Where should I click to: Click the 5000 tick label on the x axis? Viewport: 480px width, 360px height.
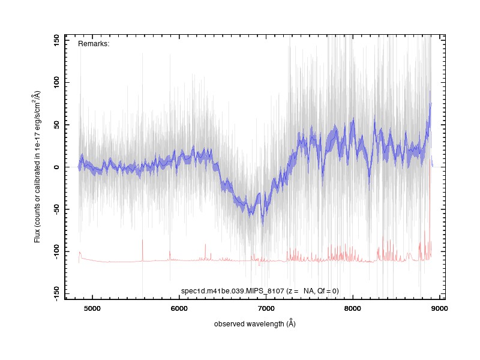coord(92,308)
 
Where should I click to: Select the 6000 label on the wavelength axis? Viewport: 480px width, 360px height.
coord(179,308)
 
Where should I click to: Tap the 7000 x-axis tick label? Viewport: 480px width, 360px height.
coord(266,308)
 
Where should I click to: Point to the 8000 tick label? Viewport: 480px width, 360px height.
coord(353,308)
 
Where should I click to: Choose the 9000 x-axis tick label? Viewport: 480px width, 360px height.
coord(440,308)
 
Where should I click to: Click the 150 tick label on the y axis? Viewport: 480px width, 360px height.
coord(56,40)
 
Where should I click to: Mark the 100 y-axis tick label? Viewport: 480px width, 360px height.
coord(56,82)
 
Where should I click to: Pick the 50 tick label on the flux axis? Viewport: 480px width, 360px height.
coord(56,125)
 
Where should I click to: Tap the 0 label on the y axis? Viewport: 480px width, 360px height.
coord(56,167)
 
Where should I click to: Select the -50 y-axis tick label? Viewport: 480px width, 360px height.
coord(56,209)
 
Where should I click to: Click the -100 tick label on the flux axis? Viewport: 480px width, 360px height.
coord(56,251)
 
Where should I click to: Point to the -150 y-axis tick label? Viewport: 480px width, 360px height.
coord(56,293)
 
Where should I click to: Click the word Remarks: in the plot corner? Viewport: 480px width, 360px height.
coord(94,44)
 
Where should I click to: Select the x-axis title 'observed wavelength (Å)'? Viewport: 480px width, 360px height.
coord(254,323)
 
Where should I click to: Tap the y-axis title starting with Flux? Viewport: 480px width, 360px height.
coord(37,167)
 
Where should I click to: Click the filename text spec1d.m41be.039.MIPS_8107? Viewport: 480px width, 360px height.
coord(233,291)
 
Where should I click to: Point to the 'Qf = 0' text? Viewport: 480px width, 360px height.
coord(327,291)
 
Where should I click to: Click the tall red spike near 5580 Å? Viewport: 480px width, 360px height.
coord(143,250)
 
